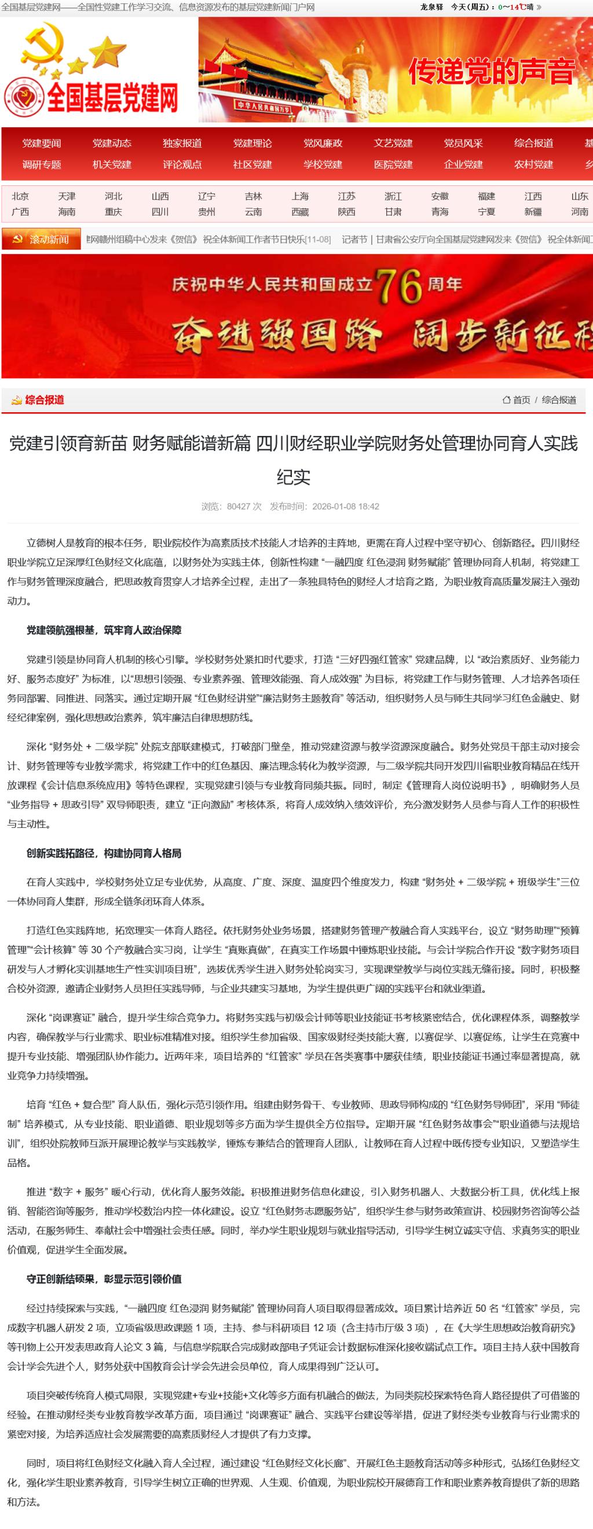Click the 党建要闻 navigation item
[42, 143]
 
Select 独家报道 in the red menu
[182, 143]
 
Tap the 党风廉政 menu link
[323, 143]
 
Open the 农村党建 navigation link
[533, 164]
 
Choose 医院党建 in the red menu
[393, 164]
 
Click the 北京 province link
[20, 196]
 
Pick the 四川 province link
[160, 212]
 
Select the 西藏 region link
[300, 212]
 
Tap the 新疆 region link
[532, 212]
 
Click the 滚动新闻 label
[49, 240]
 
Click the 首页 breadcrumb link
[522, 400]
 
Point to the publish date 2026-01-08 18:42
[346, 507]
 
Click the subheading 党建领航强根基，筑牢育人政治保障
[104, 630]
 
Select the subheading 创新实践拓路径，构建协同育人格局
[104, 853]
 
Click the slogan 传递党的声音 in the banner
[492, 71]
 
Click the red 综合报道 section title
[45, 400]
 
